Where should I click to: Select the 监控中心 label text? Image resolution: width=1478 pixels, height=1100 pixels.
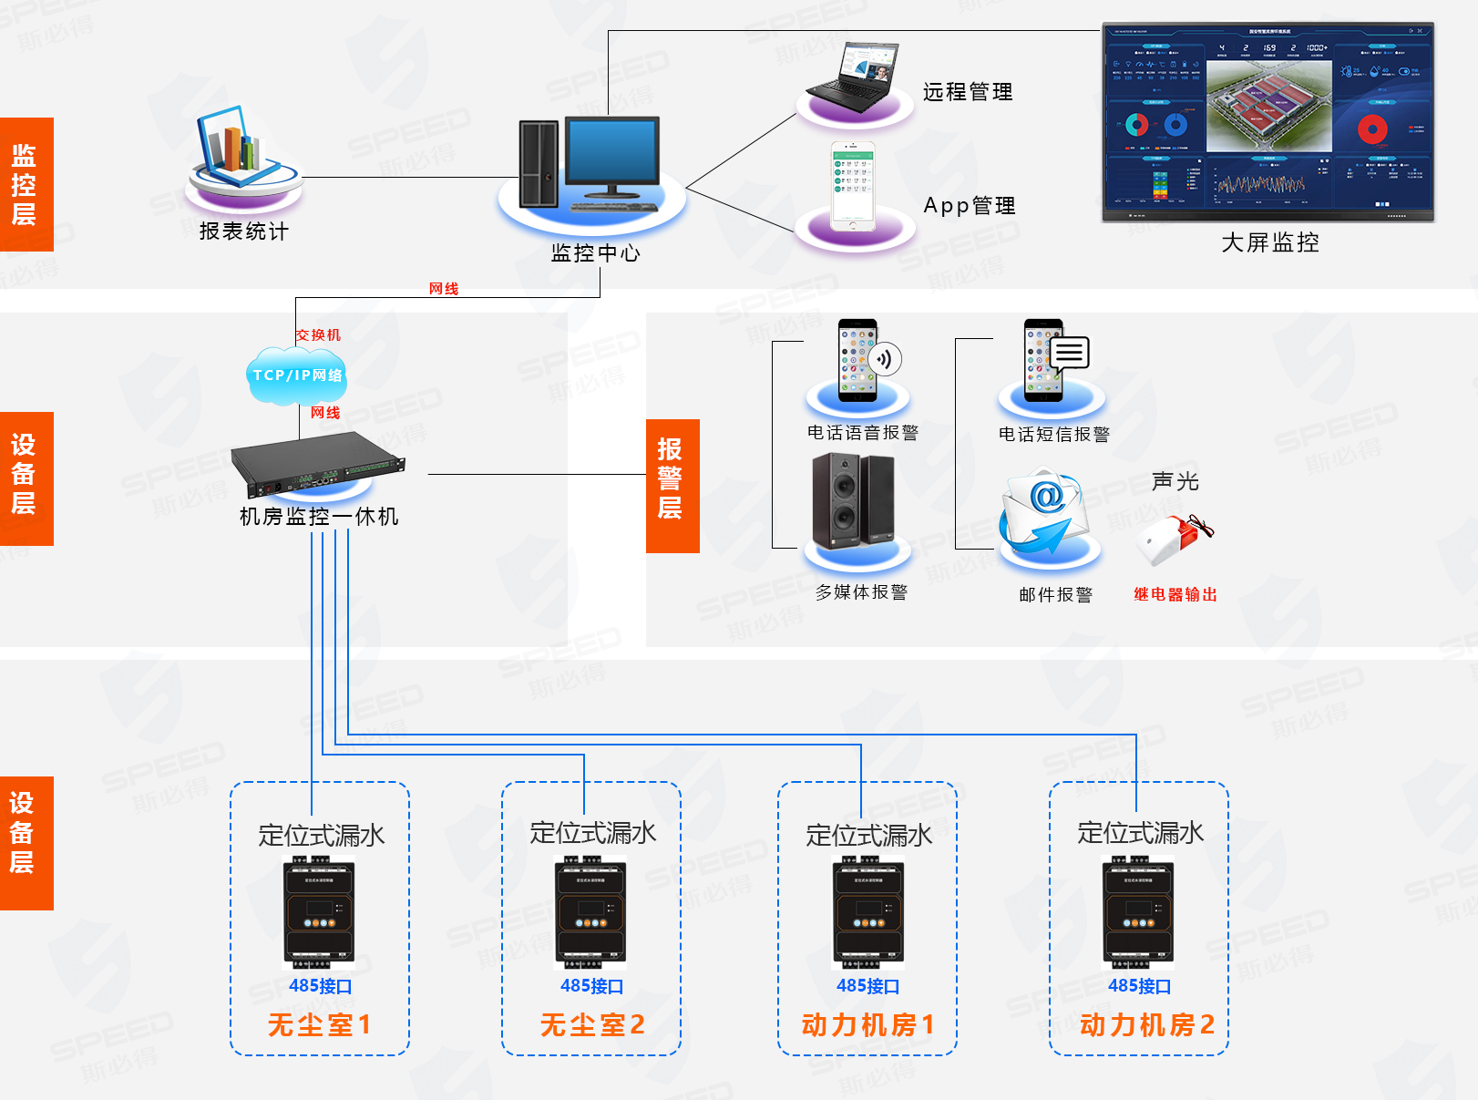click(x=595, y=252)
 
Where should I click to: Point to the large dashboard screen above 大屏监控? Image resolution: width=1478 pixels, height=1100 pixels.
click(x=1268, y=122)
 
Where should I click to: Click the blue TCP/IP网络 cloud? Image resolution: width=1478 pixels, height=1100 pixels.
click(x=297, y=375)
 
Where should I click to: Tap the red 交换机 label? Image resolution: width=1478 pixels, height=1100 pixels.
click(x=318, y=335)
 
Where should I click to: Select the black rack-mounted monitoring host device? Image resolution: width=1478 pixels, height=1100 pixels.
click(x=317, y=464)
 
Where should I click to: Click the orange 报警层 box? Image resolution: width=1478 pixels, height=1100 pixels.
click(x=672, y=486)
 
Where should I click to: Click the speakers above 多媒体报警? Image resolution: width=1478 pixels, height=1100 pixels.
click(x=853, y=500)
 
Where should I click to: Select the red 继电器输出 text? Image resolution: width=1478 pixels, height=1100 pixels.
click(x=1175, y=594)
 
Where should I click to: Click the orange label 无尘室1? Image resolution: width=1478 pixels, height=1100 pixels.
click(x=319, y=1024)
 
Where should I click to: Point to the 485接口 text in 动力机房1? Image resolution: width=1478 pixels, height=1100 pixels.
click(x=867, y=986)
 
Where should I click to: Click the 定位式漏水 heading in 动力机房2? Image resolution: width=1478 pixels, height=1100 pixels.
click(x=1140, y=833)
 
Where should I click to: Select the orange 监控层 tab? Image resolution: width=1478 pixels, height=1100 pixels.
click(x=26, y=184)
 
